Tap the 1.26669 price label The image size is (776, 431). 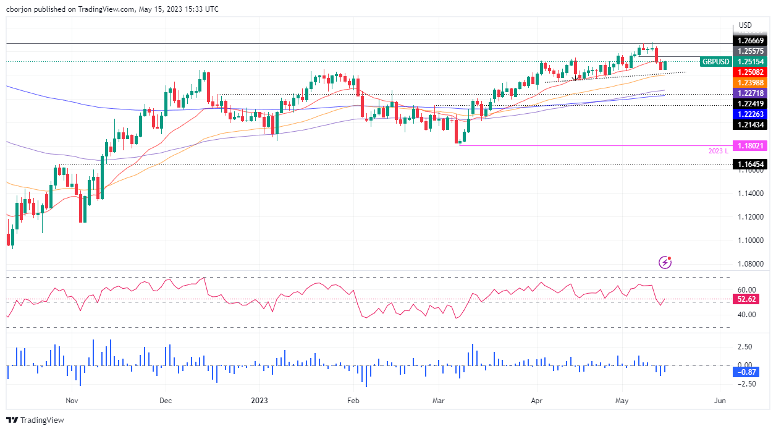click(750, 40)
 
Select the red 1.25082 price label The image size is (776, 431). click(750, 72)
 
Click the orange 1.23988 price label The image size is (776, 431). click(750, 82)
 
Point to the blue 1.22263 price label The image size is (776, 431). click(750, 114)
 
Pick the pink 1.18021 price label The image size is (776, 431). click(750, 145)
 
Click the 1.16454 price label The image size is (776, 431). click(750, 164)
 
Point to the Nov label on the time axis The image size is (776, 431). click(72, 400)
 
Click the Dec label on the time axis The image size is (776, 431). click(166, 400)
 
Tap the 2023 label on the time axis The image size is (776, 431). click(259, 400)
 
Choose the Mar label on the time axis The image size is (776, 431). click(439, 400)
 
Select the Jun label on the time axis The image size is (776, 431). click(720, 400)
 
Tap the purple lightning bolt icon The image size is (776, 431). click(665, 263)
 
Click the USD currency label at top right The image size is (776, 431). click(746, 25)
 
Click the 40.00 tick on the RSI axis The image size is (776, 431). click(747, 314)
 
